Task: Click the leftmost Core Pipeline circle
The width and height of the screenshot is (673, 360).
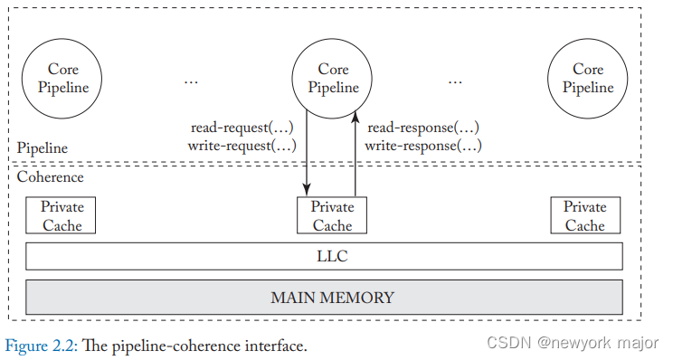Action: click(62, 79)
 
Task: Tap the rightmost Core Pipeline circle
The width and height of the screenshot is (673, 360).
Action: click(587, 79)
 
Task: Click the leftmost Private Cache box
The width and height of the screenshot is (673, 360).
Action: click(62, 216)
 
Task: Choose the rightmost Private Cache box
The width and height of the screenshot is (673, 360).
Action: click(585, 216)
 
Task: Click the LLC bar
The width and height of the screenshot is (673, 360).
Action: click(324, 257)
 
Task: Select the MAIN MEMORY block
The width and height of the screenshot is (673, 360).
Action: click(324, 297)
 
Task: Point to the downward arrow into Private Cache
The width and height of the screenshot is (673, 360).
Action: click(308, 154)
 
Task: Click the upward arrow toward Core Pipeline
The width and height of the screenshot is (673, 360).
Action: click(355, 154)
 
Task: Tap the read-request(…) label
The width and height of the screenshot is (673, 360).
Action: click(242, 128)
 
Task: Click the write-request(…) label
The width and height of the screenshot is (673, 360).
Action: click(242, 145)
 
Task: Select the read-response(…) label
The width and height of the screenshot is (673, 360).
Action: click(422, 128)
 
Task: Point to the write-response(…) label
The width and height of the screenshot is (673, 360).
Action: click(422, 145)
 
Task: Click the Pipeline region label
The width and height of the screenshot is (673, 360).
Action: click(42, 147)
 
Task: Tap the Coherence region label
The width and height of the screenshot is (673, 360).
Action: click(50, 177)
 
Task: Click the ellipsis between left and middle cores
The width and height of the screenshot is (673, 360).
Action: click(191, 81)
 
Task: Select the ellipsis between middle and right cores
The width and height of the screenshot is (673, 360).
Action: click(455, 81)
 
